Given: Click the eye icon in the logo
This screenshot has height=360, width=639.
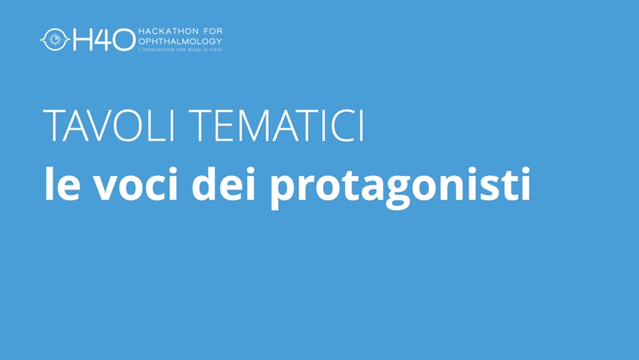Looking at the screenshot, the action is click(x=55, y=40).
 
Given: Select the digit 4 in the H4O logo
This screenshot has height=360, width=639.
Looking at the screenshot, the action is click(x=102, y=40).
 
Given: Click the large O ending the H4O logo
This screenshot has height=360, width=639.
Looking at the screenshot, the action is click(x=124, y=40).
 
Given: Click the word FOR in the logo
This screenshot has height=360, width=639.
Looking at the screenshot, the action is click(x=213, y=31).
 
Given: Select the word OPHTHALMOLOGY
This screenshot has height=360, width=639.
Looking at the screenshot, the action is click(x=180, y=41).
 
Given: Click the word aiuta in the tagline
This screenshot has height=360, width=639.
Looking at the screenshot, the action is click(x=196, y=49).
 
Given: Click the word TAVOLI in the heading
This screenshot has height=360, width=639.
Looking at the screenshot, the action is click(x=109, y=126).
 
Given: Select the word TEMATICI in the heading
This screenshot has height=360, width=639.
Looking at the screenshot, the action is click(x=276, y=126).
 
